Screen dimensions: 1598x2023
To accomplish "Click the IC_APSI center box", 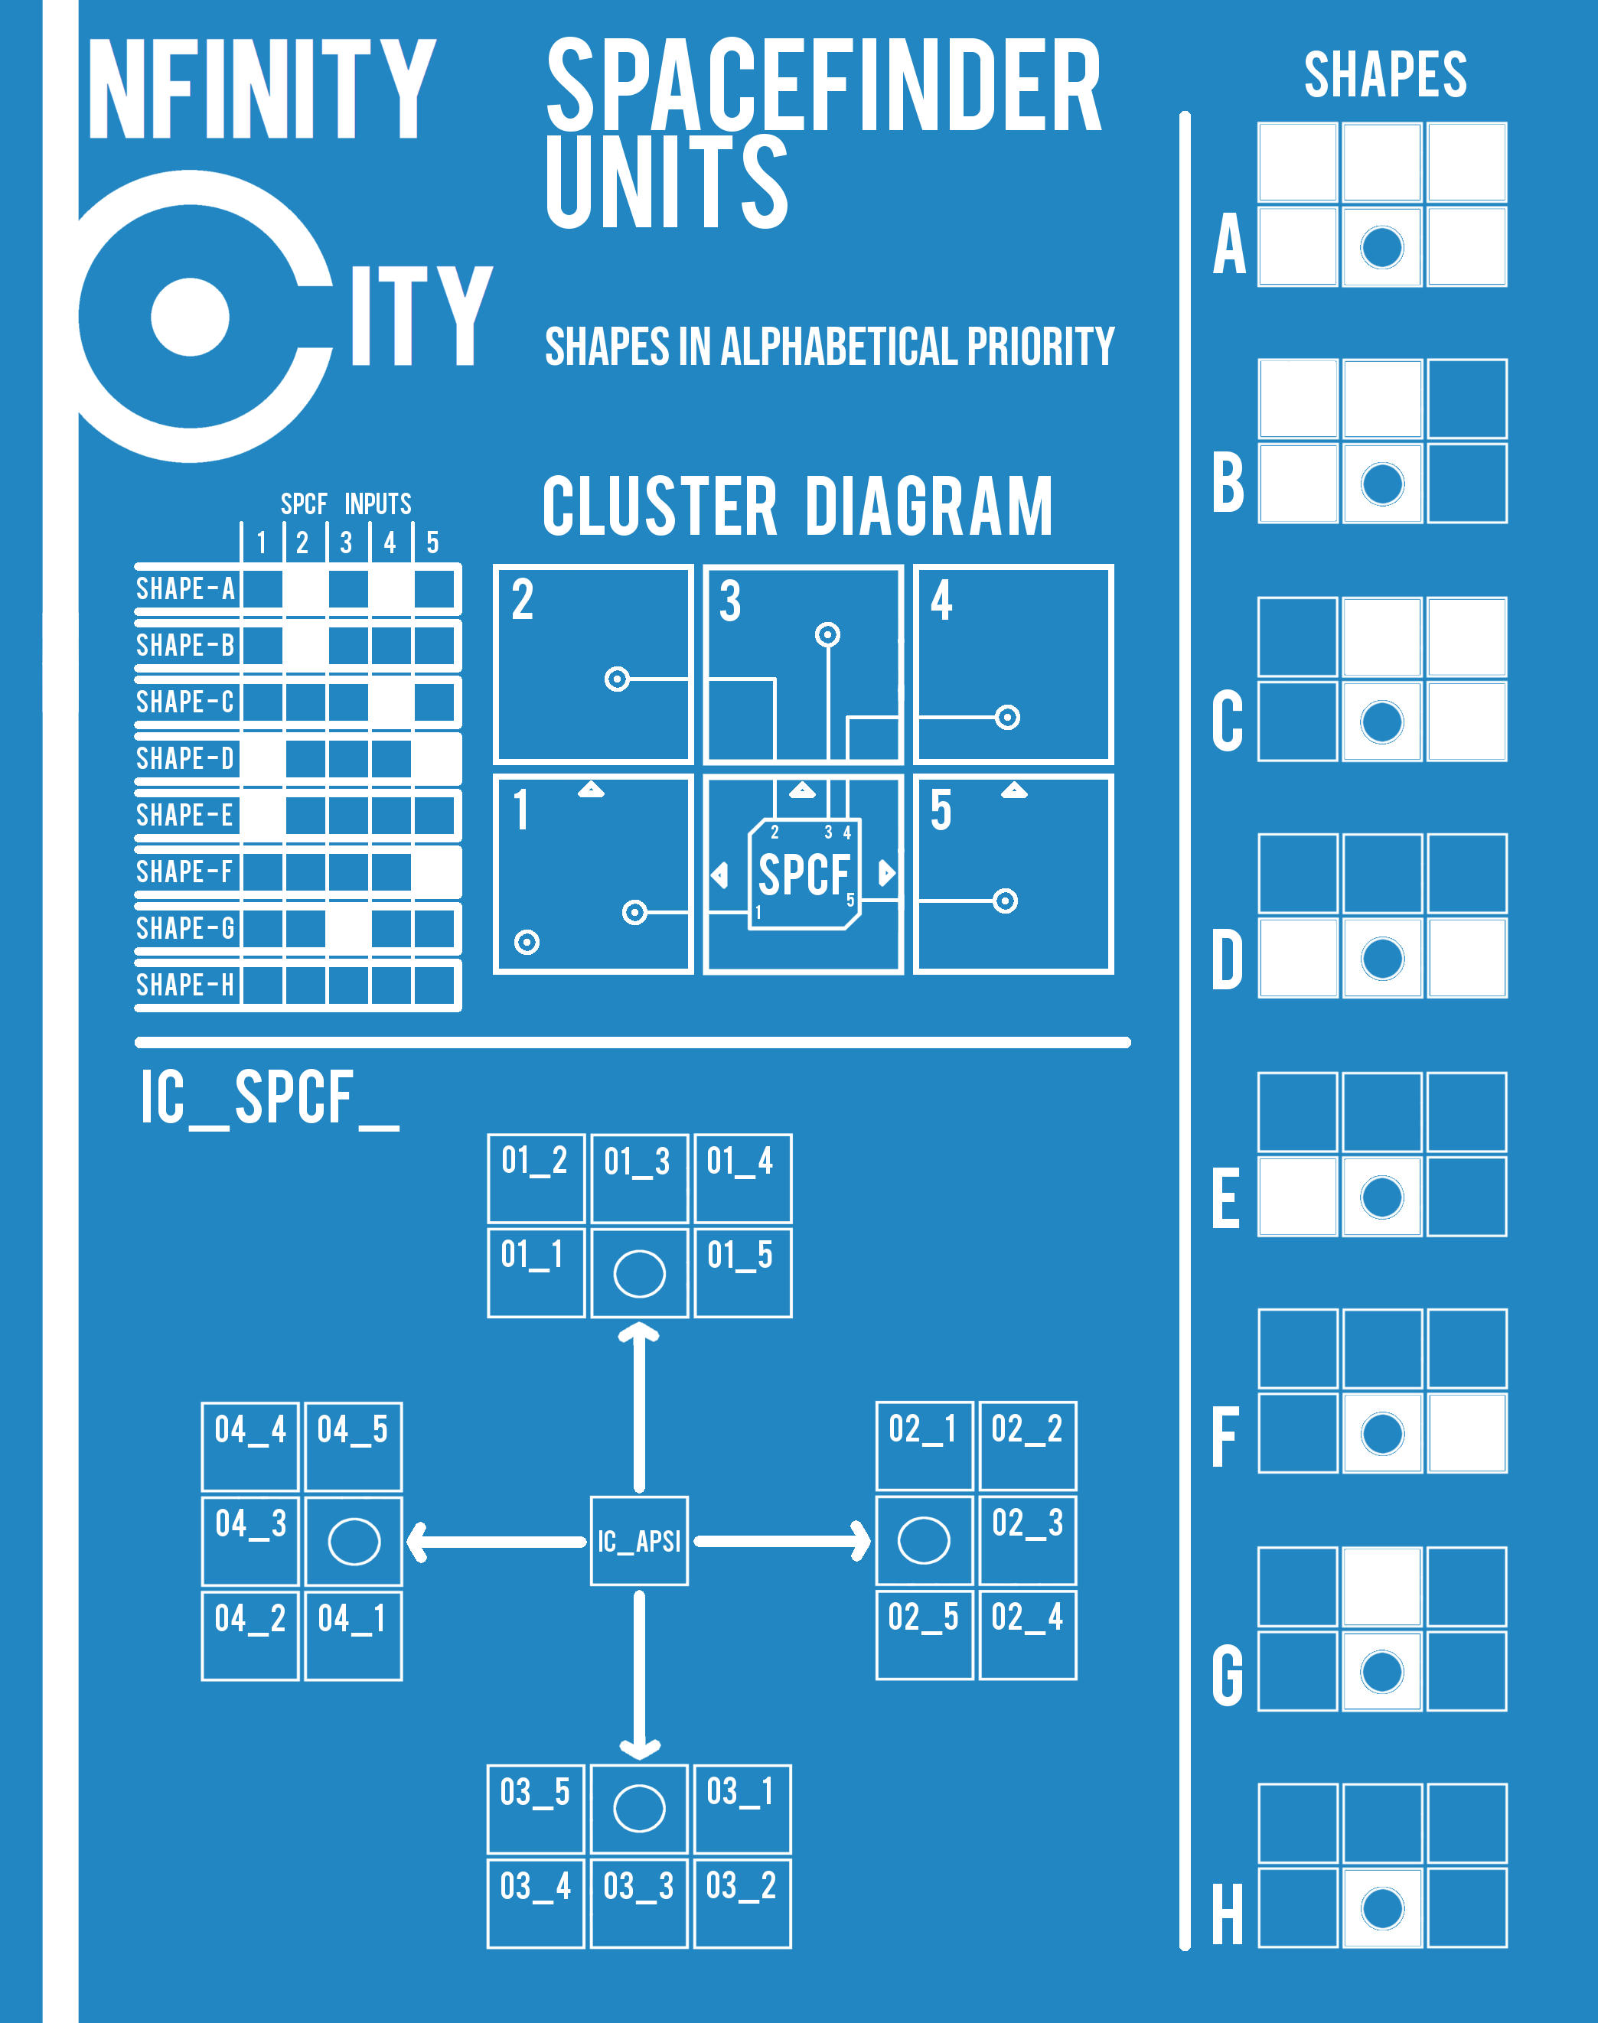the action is tap(639, 1540).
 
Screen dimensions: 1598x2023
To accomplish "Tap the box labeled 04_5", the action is tap(353, 1446).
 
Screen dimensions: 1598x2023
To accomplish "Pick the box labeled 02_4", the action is tap(1027, 1634).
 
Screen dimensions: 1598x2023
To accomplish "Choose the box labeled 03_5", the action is tap(535, 1809).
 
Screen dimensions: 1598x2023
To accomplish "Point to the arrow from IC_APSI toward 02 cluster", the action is tap(782, 1540).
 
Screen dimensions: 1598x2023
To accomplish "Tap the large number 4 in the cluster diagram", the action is tap(941, 601).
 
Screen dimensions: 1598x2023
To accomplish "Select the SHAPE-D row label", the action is tap(185, 757).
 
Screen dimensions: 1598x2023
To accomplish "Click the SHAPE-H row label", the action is tap(185, 984).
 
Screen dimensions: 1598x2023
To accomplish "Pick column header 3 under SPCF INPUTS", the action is tap(346, 542).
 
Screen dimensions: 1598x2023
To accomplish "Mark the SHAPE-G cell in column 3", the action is tap(348, 928).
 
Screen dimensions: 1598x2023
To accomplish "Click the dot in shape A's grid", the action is tap(1382, 247).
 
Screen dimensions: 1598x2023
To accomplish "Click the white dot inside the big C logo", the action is tap(190, 316).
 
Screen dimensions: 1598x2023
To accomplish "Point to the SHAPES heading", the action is tap(1385, 75).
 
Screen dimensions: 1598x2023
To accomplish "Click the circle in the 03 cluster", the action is tap(639, 1808).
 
